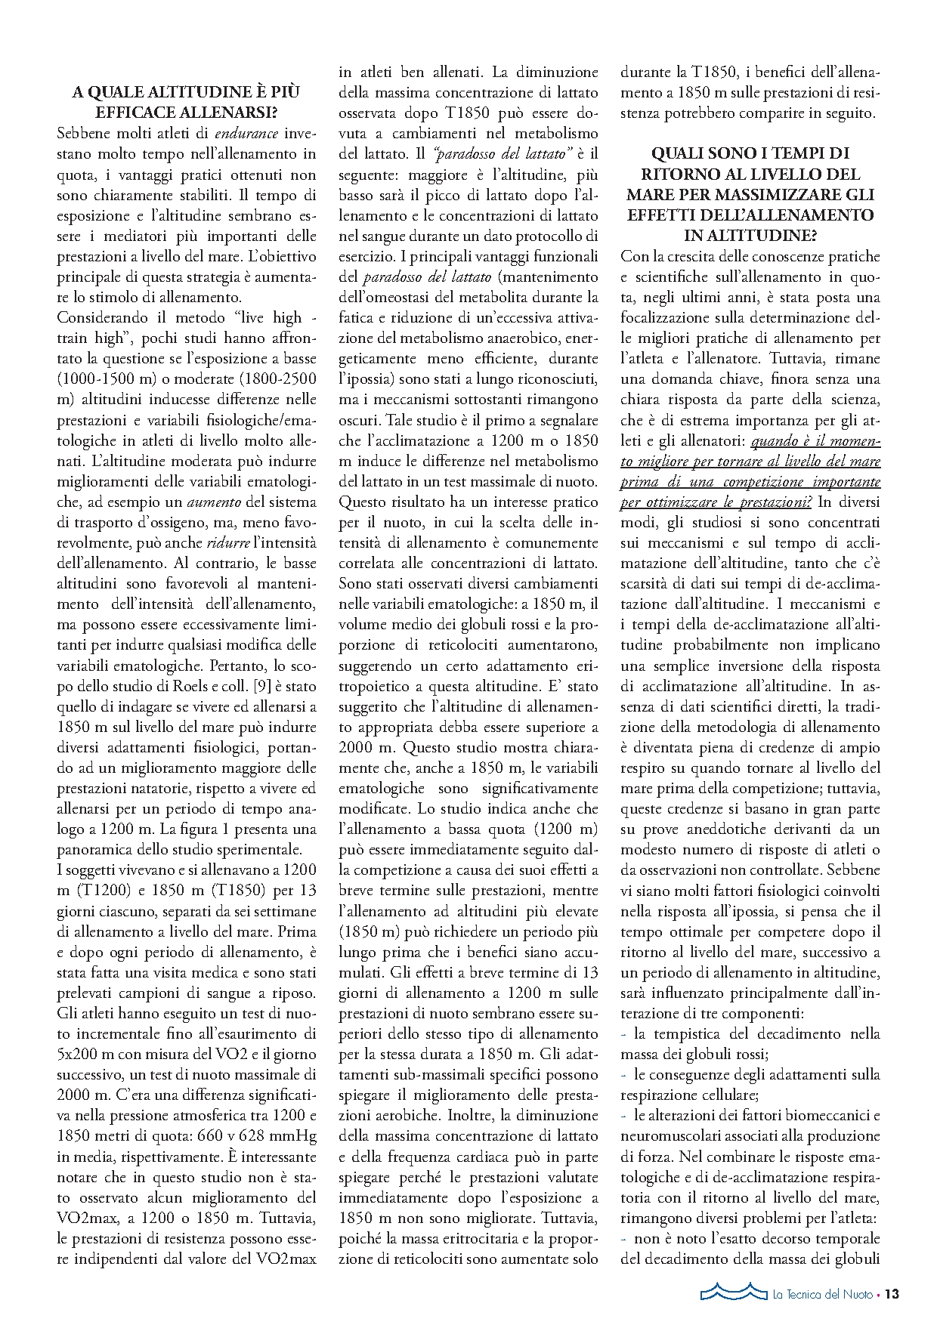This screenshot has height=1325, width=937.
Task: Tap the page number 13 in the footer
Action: (892, 1294)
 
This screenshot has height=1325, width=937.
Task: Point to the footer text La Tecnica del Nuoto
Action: (822, 1294)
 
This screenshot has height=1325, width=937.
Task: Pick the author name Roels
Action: (171, 687)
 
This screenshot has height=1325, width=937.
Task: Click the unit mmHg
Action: (291, 1136)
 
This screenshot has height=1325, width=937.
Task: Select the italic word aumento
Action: (214, 502)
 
